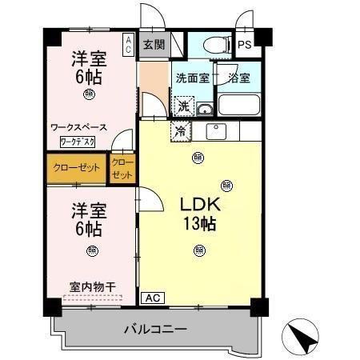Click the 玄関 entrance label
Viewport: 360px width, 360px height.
click(x=153, y=45)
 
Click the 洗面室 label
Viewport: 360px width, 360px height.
click(x=192, y=78)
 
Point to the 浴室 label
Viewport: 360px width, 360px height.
click(x=238, y=78)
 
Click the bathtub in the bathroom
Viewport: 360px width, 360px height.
click(x=238, y=105)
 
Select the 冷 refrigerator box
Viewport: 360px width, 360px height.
click(x=180, y=130)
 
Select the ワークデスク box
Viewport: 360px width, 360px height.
click(x=78, y=142)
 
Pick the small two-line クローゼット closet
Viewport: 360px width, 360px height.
click(x=123, y=168)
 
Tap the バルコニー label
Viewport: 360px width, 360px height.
click(x=155, y=328)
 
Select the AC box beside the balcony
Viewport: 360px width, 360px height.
click(x=152, y=298)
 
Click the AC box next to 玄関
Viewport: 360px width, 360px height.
click(x=128, y=43)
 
